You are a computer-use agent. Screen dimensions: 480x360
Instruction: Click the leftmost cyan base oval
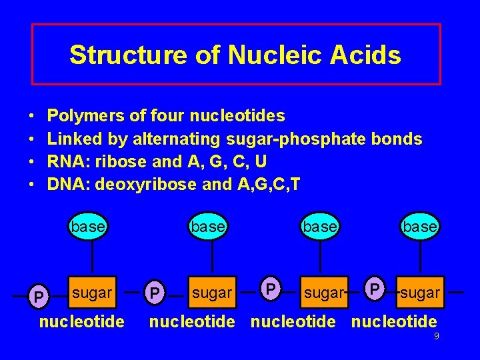click(88, 226)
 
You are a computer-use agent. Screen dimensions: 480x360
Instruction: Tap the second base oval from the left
click(207, 226)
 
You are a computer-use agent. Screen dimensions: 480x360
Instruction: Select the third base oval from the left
click(319, 226)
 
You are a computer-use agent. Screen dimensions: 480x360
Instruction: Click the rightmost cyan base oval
click(419, 226)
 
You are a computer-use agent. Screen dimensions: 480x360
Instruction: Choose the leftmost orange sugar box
click(92, 292)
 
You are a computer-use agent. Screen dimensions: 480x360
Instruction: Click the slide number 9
click(436, 337)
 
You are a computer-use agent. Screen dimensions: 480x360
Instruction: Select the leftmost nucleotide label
click(82, 322)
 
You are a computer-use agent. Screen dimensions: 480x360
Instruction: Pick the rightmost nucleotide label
click(394, 322)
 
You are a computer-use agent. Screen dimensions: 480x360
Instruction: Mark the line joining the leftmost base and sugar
click(91, 256)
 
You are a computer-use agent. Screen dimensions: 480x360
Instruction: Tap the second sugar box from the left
click(212, 292)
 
